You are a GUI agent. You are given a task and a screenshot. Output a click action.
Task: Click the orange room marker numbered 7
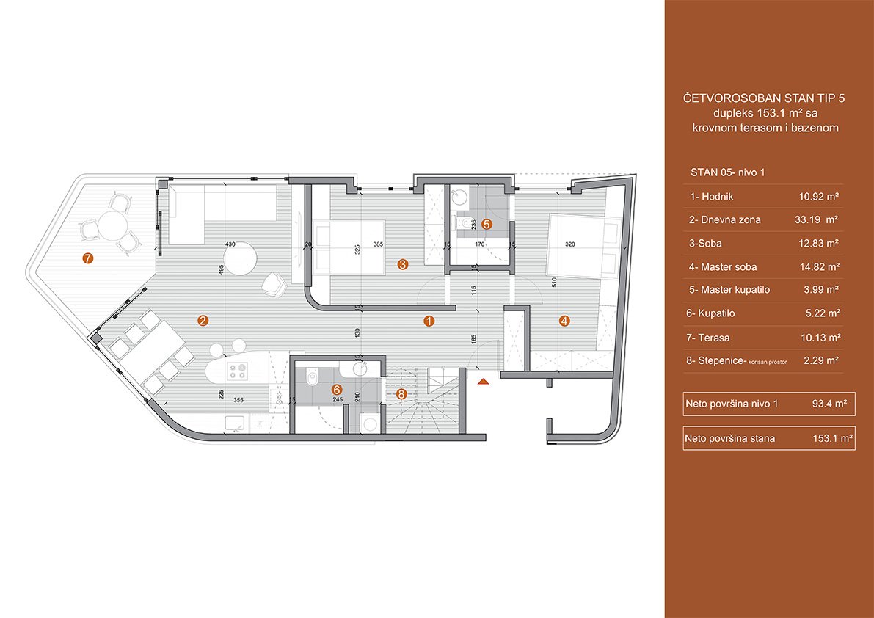[87, 258]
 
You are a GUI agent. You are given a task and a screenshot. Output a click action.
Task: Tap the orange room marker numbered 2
[203, 321]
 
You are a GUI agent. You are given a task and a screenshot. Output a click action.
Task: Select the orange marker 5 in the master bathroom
[486, 224]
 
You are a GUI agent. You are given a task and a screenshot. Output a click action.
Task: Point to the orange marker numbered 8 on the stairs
[402, 394]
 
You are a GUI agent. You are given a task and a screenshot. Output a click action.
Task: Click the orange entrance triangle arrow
[484, 382]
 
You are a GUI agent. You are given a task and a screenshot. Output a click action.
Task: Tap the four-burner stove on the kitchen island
[239, 371]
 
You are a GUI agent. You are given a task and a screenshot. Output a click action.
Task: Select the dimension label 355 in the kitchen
[239, 399]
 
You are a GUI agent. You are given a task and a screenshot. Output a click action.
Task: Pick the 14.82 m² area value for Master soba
[818, 267]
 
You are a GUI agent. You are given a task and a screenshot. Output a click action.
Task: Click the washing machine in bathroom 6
[370, 423]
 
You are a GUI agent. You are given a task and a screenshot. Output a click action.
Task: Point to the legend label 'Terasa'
[715, 337]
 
